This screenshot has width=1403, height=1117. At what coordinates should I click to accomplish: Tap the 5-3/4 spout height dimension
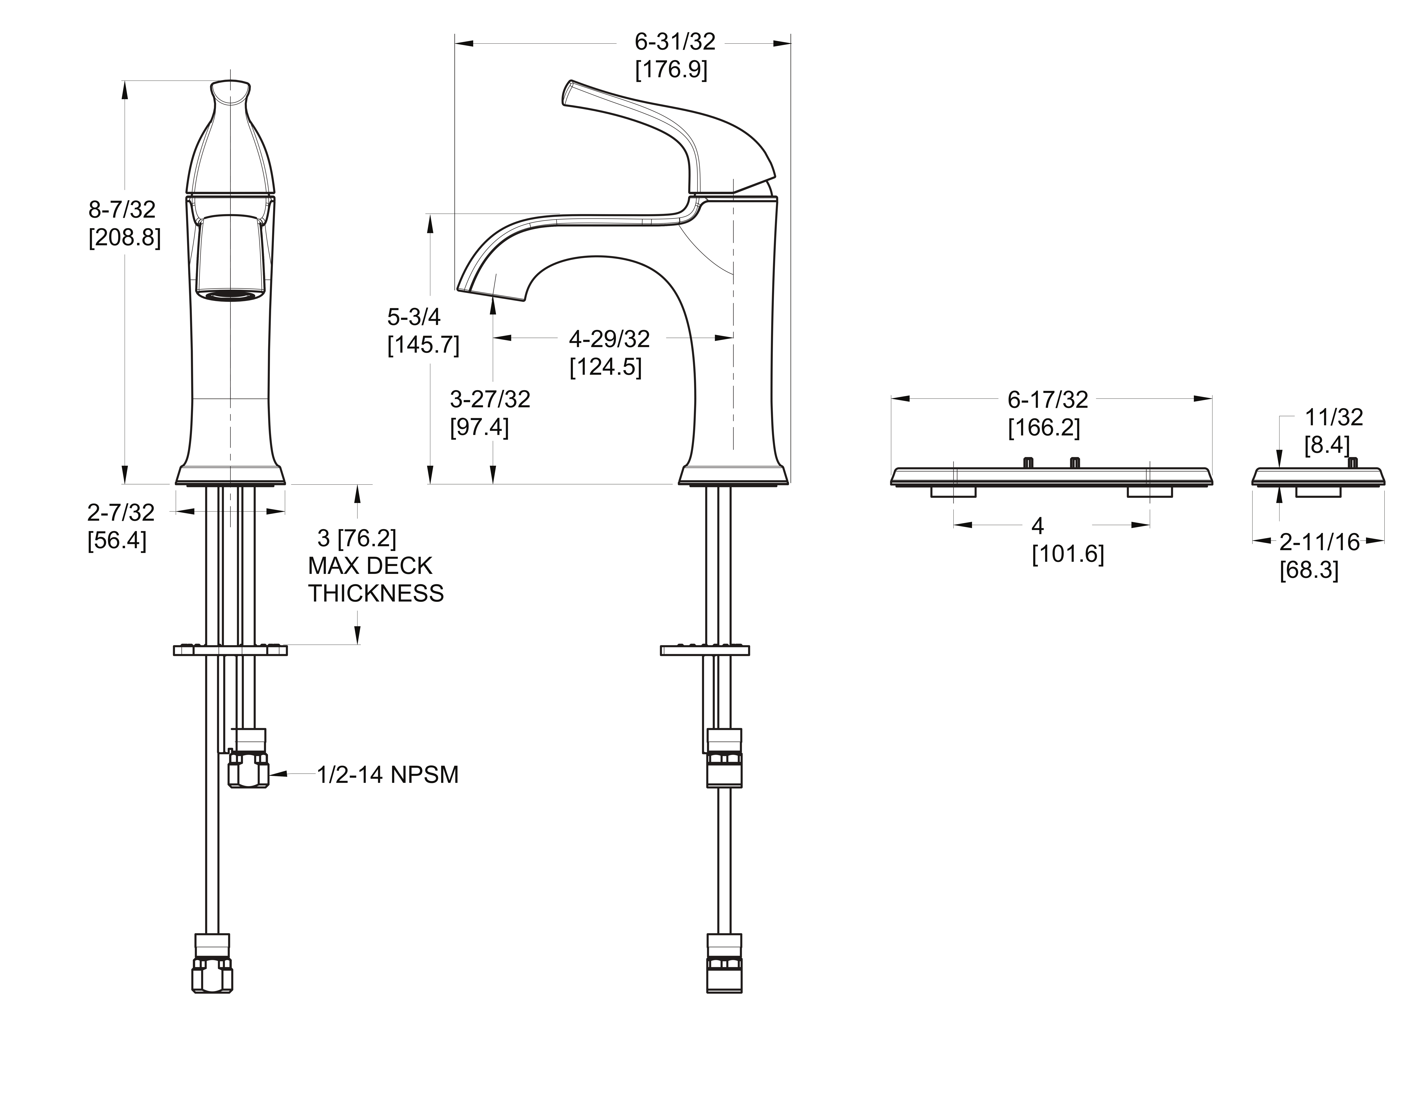click(414, 317)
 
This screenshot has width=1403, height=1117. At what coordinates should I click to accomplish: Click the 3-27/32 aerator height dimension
click(490, 399)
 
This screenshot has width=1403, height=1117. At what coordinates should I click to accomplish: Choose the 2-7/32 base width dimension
click(121, 513)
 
